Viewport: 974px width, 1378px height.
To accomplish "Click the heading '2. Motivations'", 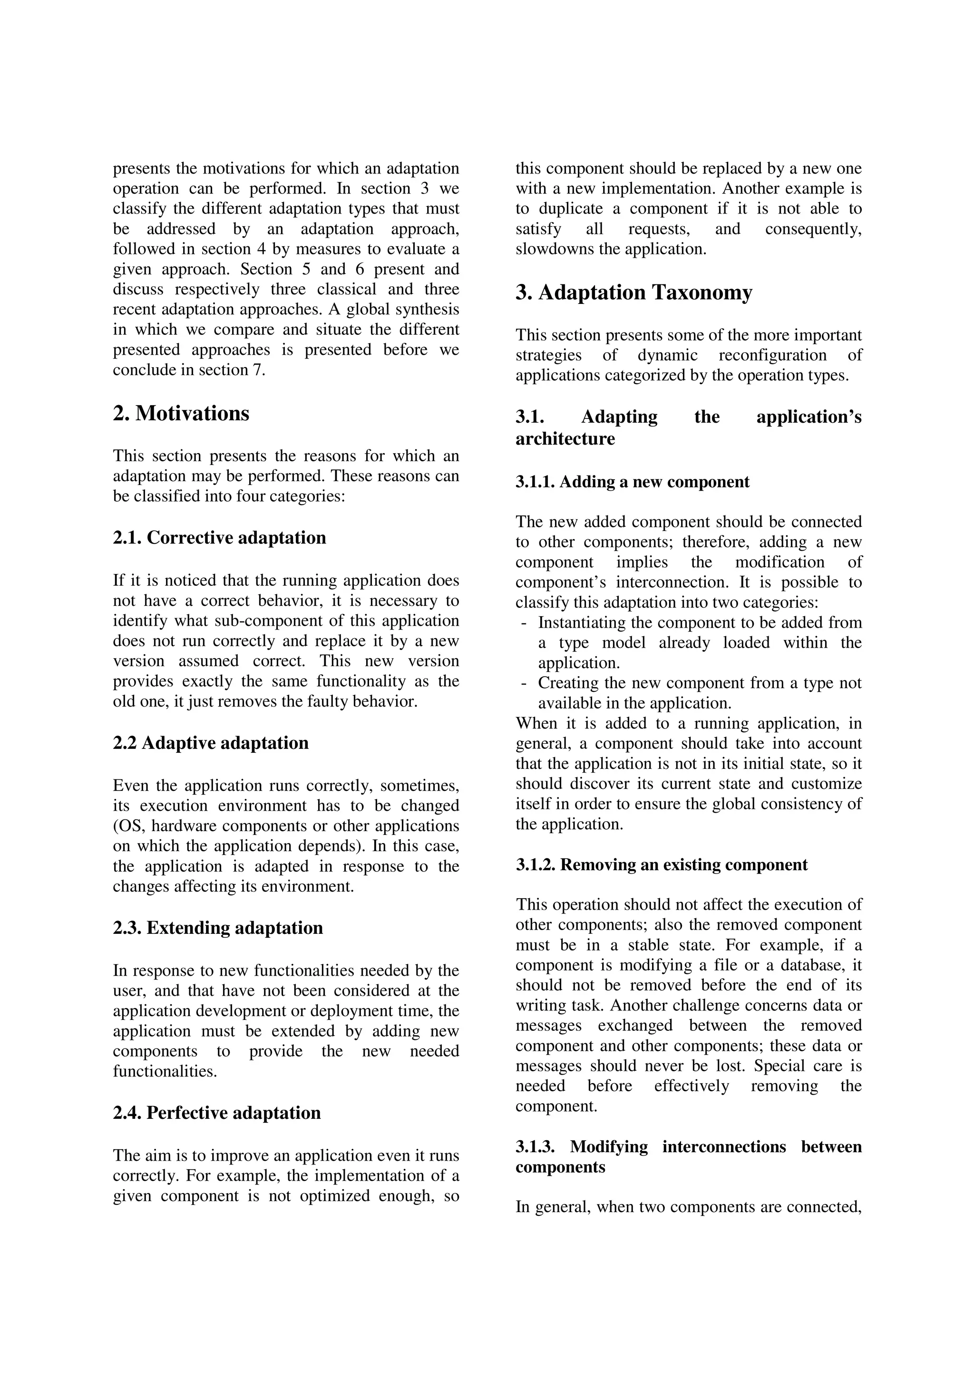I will point(181,414).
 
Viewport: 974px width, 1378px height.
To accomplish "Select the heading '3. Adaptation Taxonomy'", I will point(634,293).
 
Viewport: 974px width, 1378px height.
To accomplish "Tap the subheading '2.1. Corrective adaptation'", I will point(219,538).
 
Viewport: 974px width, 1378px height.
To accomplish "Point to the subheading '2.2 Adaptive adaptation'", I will point(211,743).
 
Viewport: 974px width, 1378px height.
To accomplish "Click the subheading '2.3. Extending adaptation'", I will point(218,928).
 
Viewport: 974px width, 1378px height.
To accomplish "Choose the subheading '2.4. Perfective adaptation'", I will point(217,1113).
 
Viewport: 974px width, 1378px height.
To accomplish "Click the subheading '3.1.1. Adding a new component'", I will point(633,482).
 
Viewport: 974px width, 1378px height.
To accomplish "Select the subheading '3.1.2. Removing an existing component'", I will point(662,865).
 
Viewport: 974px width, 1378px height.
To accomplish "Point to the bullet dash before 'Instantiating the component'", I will point(525,623).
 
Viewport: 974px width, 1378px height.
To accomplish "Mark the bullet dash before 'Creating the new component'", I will point(525,684).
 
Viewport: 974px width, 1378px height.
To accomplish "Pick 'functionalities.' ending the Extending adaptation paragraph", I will point(165,1071).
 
